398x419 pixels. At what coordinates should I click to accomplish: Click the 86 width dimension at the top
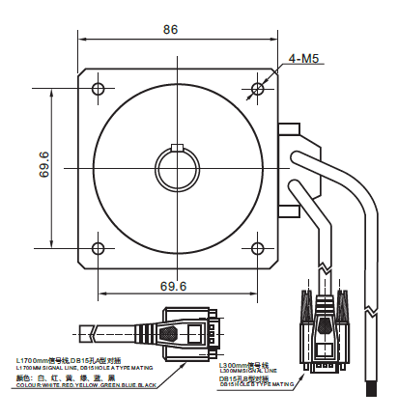tap(170, 30)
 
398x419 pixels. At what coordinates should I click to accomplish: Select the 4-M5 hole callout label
tap(305, 60)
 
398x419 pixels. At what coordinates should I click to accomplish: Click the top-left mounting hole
tap(98, 90)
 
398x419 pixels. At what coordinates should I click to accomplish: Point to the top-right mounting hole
tap(257, 90)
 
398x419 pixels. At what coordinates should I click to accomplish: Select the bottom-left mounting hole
tap(98, 246)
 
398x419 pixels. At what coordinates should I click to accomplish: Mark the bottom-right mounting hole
tap(257, 246)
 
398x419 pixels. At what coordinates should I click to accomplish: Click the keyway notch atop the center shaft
tap(177, 148)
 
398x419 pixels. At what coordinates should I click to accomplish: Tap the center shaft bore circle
tap(177, 169)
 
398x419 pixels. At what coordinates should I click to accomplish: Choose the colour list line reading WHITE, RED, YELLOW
tap(87, 385)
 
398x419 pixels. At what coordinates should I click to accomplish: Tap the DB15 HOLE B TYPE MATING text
tap(256, 383)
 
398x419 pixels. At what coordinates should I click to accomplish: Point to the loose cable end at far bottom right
tap(371, 390)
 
